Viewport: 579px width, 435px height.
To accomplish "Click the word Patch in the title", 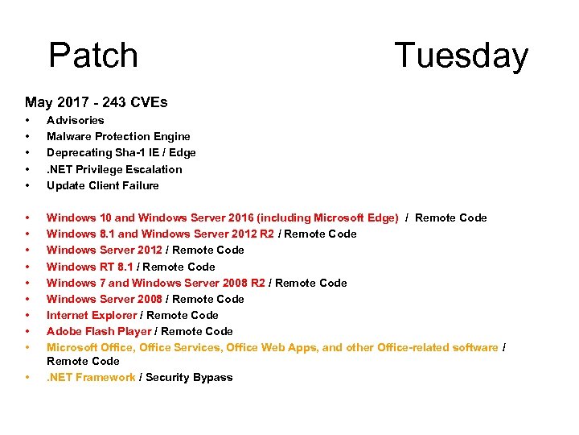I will pos(93,56).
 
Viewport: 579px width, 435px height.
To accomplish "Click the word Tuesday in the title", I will pos(461,56).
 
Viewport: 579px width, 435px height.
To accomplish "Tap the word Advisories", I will pos(75,120).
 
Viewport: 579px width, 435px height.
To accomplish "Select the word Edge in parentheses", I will pos(382,217).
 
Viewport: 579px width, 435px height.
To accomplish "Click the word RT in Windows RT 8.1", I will pos(106,267).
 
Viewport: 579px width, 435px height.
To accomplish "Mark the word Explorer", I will pos(114,315).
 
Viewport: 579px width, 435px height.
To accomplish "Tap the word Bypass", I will pos(212,377).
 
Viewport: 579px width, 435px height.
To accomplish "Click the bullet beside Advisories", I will pos(27,120).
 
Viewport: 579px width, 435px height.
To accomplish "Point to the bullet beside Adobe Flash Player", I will pos(27,331).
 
